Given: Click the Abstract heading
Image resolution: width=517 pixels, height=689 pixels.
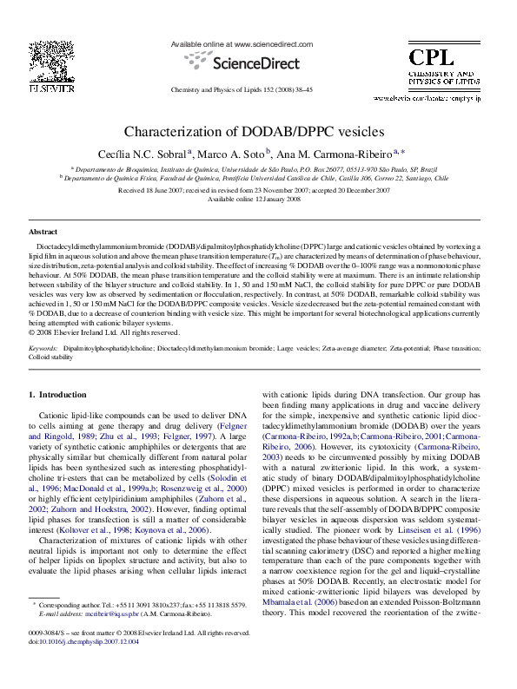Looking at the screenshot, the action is click(43, 233).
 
